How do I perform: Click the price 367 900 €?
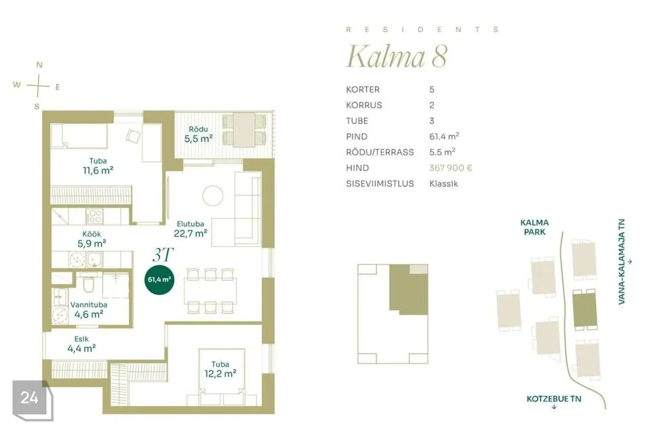(450, 167)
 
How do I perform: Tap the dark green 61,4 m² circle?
(159, 280)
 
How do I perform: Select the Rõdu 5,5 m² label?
(199, 134)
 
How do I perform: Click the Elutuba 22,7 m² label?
(191, 229)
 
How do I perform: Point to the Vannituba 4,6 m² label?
(89, 310)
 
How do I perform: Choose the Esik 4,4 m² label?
(81, 344)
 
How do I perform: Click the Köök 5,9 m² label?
(92, 239)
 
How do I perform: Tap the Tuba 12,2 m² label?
(220, 369)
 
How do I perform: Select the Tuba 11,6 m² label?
(98, 165)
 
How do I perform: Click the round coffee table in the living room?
(213, 195)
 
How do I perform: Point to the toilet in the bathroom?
(88, 283)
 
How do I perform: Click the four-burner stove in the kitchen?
(94, 216)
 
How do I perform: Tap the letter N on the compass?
(39, 65)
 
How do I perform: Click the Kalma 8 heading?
(397, 56)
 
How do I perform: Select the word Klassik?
(443, 184)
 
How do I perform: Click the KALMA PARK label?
(534, 227)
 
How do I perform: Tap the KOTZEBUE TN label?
(554, 399)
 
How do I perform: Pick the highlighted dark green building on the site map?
(585, 309)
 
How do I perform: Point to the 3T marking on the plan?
(163, 254)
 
